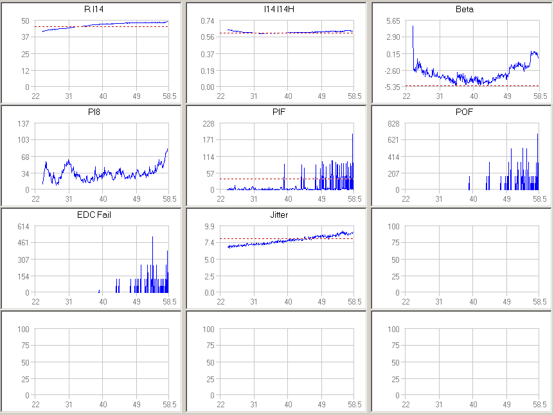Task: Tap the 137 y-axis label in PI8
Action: (23, 123)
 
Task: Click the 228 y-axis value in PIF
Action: (208, 123)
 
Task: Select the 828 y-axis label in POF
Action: (393, 123)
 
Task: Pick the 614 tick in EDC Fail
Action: (23, 226)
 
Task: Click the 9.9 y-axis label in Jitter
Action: (210, 226)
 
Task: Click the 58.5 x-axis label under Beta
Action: (539, 96)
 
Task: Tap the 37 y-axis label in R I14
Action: (25, 37)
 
